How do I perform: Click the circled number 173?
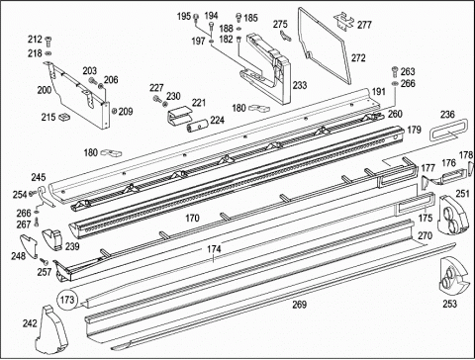click(67, 300)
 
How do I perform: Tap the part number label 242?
click(30, 323)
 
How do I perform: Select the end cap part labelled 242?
click(50, 329)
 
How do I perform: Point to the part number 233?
click(300, 85)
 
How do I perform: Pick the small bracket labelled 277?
click(344, 21)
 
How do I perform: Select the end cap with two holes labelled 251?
click(453, 216)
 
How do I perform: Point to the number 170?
click(192, 218)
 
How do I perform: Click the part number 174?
click(214, 249)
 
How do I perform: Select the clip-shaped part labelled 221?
click(179, 116)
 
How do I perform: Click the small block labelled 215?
click(64, 117)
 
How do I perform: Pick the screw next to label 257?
click(44, 261)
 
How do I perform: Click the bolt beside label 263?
click(395, 70)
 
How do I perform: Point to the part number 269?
click(300, 305)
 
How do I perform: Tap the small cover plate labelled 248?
click(30, 245)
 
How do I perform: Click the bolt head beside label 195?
click(196, 16)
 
